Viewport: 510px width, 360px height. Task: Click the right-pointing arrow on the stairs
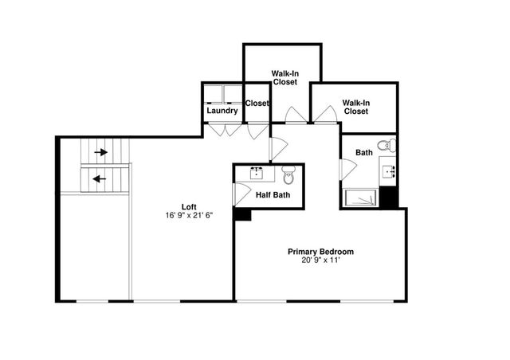point(100,151)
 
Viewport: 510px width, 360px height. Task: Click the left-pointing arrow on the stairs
point(100,178)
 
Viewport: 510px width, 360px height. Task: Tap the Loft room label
point(189,206)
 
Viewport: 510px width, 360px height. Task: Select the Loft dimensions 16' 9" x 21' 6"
point(189,215)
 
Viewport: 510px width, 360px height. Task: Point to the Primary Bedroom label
point(320,252)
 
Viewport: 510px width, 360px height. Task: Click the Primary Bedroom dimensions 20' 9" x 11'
point(320,260)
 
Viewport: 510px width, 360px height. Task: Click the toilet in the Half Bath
point(288,173)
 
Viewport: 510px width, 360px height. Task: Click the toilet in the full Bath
point(387,145)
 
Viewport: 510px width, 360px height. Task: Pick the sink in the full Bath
point(390,170)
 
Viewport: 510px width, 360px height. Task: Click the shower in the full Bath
point(360,198)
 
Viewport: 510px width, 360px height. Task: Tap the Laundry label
point(222,111)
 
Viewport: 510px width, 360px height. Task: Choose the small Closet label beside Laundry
point(257,103)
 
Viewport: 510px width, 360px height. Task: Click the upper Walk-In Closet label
point(284,76)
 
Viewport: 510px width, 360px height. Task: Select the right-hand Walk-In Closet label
point(356,107)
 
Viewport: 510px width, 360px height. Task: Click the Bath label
point(364,152)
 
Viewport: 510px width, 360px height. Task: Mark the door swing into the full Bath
point(347,169)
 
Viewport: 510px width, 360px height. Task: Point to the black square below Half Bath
point(242,213)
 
